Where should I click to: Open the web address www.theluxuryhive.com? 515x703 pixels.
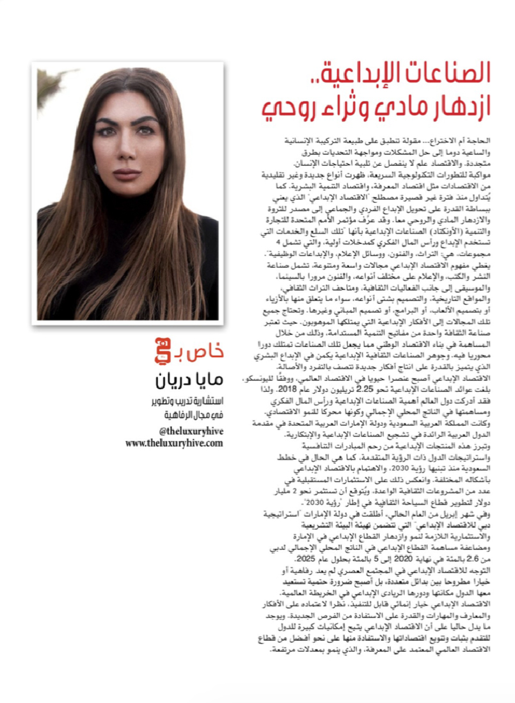[x=174, y=442]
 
